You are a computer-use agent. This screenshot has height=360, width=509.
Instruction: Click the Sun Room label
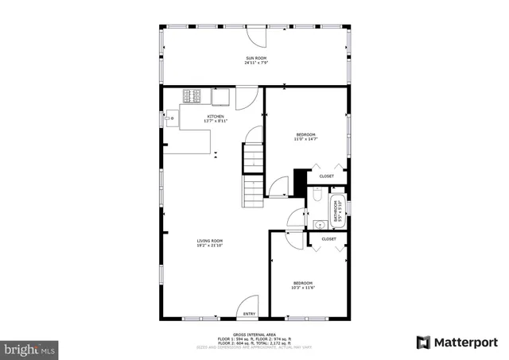(x=255, y=58)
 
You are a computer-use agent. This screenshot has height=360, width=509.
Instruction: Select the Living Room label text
(x=211, y=241)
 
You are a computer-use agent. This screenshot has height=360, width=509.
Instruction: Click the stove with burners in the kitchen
(x=192, y=96)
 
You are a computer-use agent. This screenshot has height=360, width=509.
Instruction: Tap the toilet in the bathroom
(x=315, y=195)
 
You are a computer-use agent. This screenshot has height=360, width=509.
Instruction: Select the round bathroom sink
(x=316, y=223)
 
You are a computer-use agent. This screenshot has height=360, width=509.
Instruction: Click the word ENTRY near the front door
(x=249, y=313)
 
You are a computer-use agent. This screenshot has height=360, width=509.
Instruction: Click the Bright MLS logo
(x=30, y=348)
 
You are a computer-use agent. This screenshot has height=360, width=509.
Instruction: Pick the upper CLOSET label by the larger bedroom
(x=327, y=176)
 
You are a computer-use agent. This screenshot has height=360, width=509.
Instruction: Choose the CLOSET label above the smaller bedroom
(x=328, y=238)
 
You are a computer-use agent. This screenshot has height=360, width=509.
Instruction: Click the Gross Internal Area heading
(x=254, y=335)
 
